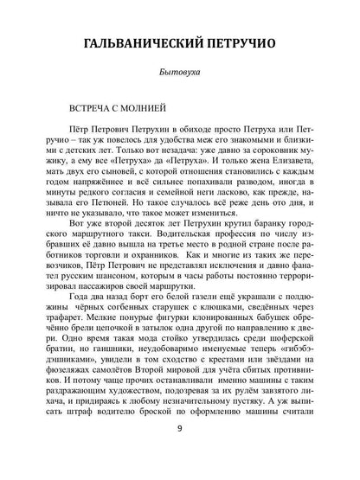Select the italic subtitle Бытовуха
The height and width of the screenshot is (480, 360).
(x=180, y=76)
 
